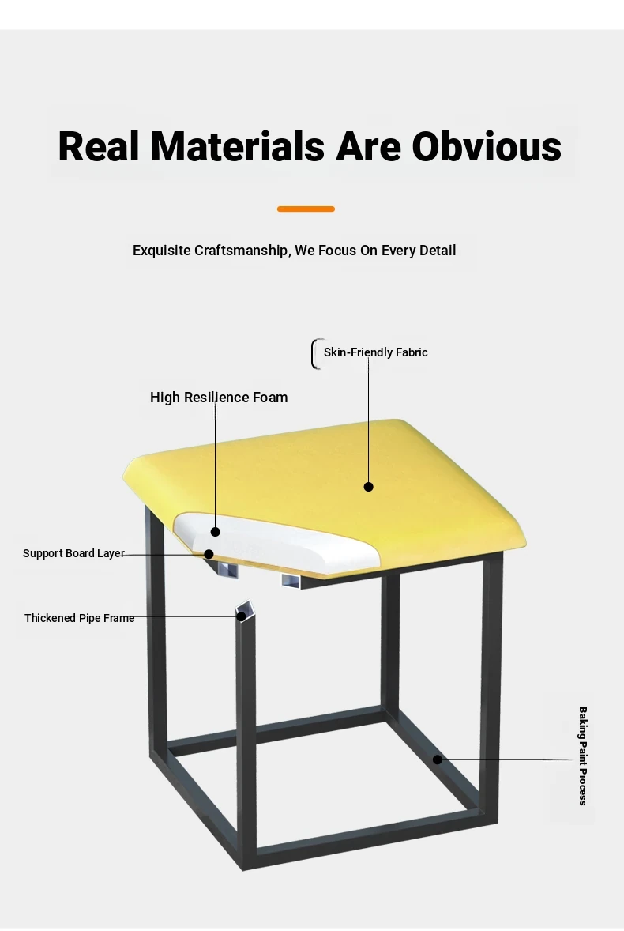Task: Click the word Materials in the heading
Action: tap(237, 146)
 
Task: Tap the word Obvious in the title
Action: tap(487, 146)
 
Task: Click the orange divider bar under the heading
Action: tap(306, 209)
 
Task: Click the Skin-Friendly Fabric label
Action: tap(375, 352)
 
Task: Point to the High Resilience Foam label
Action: tap(219, 398)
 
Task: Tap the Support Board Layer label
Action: tap(73, 553)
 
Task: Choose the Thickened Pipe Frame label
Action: tap(80, 618)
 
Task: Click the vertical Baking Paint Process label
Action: tap(582, 756)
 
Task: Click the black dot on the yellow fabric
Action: tap(368, 487)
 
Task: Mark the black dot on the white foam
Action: tap(216, 532)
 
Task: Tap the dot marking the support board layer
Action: tap(209, 554)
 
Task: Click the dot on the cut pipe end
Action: tap(242, 616)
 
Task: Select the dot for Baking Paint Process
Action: tap(437, 759)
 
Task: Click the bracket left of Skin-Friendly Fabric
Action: tap(314, 354)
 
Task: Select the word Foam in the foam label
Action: tap(270, 398)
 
